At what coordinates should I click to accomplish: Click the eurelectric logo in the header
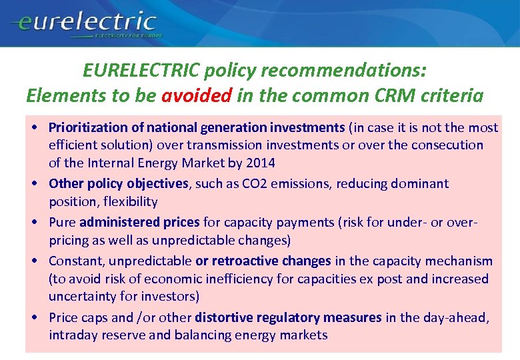coord(83,24)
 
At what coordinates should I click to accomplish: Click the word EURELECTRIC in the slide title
coord(141,70)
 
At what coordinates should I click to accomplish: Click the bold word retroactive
coord(243,261)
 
